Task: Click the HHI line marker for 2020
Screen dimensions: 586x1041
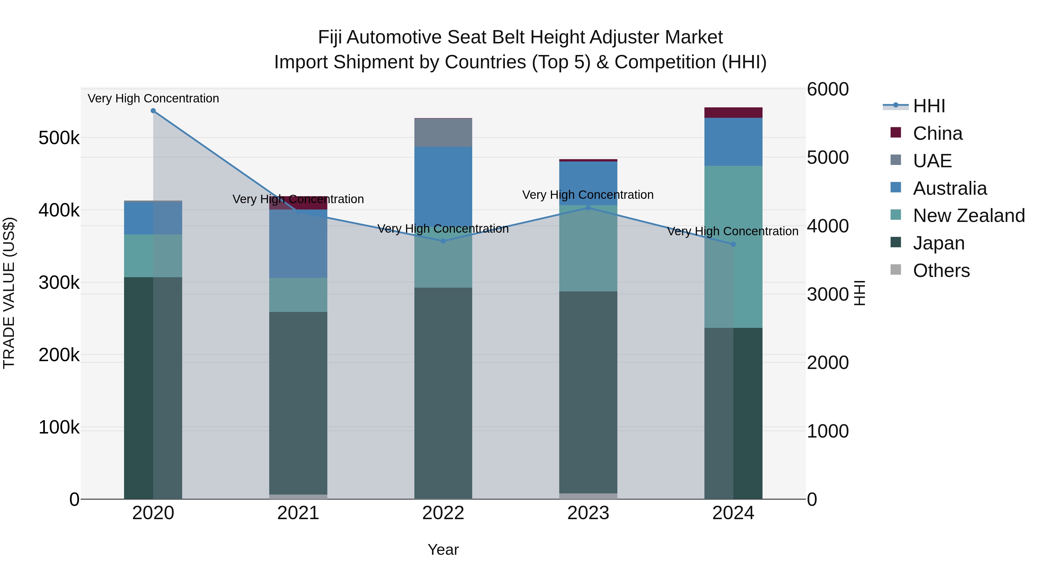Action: click(153, 111)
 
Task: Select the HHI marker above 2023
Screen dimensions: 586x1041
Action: click(588, 208)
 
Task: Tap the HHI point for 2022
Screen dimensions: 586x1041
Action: click(443, 241)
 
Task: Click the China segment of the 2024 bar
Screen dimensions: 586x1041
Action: click(733, 113)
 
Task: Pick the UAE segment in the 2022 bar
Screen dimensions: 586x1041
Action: click(443, 133)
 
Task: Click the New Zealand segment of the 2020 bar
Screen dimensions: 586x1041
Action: click(153, 256)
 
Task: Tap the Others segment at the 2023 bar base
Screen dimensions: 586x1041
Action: click(588, 496)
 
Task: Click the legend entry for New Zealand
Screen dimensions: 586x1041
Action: click(969, 216)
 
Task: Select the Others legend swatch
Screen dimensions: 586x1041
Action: click(896, 270)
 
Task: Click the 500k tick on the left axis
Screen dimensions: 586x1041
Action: click(59, 138)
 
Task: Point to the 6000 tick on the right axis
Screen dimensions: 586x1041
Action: click(828, 89)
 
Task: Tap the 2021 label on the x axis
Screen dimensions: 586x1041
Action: click(298, 513)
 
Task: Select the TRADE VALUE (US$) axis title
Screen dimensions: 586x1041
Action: click(9, 293)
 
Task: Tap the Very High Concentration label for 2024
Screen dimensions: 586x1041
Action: click(733, 231)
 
